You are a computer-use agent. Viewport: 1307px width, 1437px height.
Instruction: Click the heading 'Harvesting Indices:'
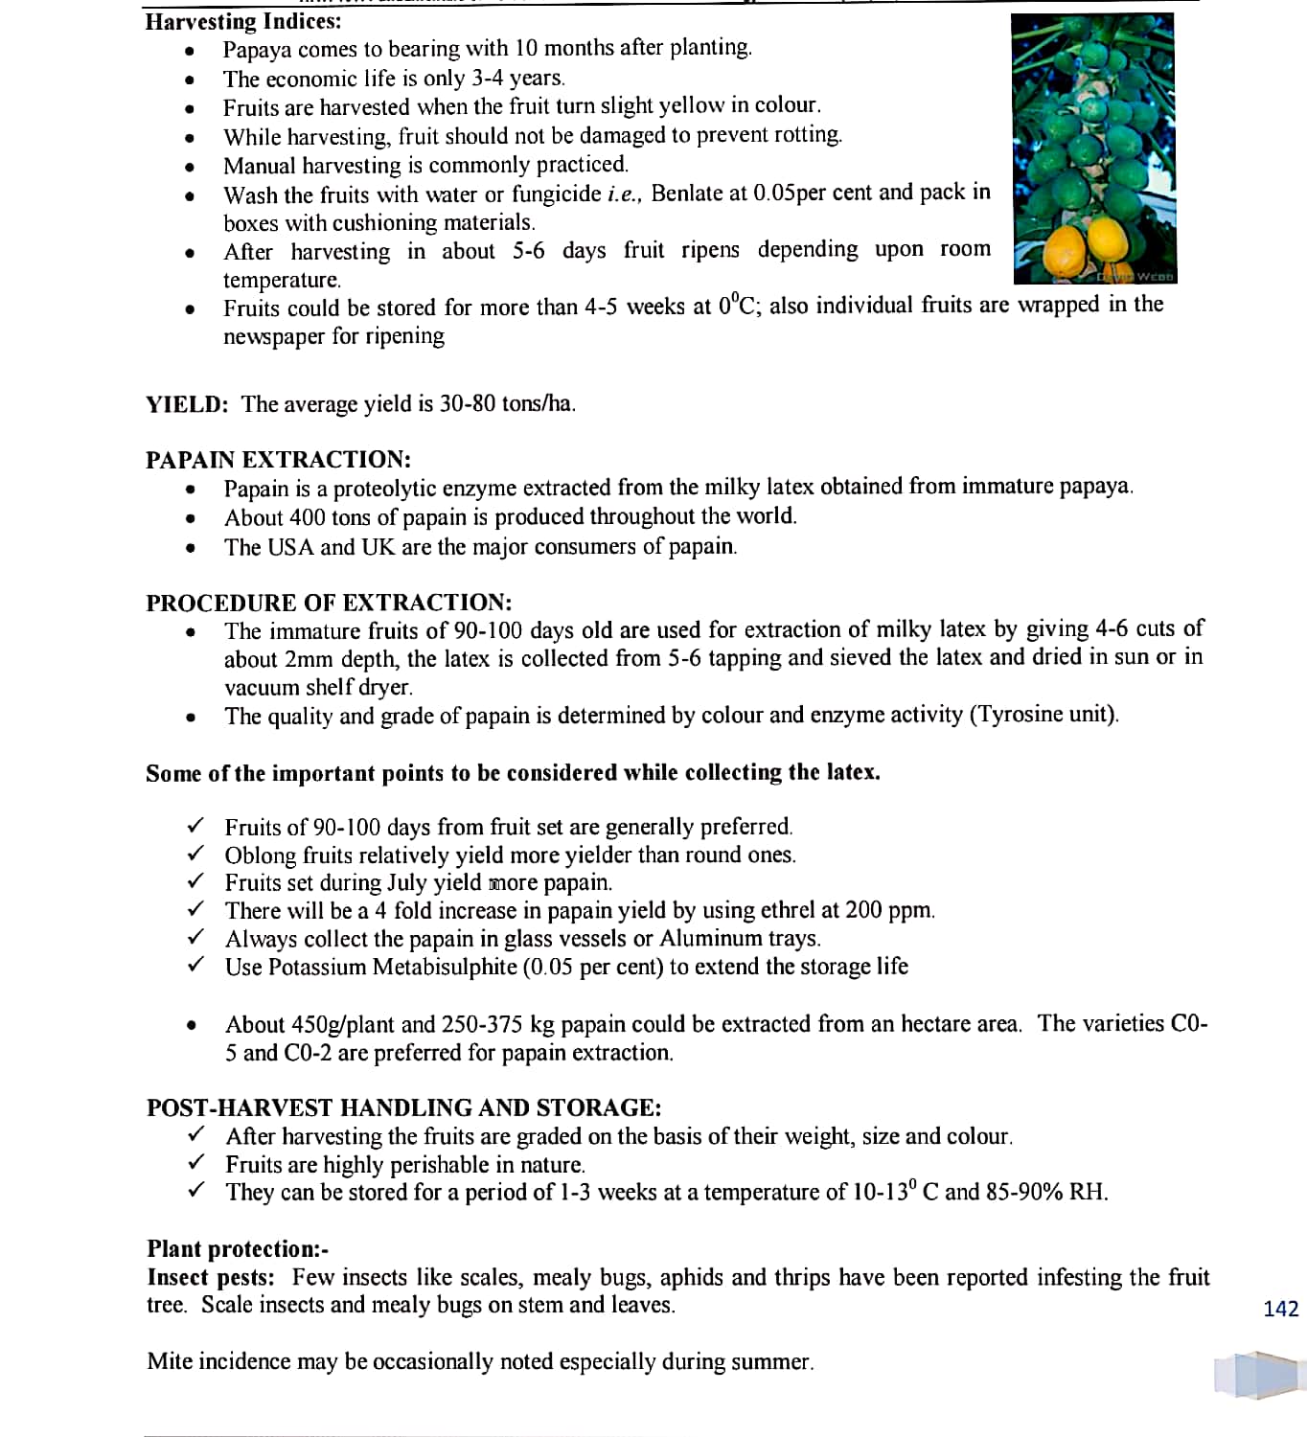tap(242, 21)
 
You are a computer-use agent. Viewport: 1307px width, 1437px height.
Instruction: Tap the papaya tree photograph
tap(1093, 148)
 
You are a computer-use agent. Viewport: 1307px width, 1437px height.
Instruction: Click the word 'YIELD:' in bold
tap(187, 404)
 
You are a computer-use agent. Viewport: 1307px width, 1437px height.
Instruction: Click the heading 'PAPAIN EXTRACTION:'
tap(278, 460)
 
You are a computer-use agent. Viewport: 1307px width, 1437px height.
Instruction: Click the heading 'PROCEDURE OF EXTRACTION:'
tap(329, 603)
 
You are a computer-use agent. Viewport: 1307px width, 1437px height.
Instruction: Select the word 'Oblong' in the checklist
tap(261, 855)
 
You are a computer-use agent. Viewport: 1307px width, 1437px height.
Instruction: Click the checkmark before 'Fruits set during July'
tap(195, 880)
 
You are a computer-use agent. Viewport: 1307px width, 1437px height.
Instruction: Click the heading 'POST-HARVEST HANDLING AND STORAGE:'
tap(403, 1108)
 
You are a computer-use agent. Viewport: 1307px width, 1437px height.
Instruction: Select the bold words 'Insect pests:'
tap(211, 1277)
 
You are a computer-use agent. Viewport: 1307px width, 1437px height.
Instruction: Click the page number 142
tap(1280, 1309)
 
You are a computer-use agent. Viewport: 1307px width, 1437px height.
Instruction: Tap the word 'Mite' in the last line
tap(169, 1361)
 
